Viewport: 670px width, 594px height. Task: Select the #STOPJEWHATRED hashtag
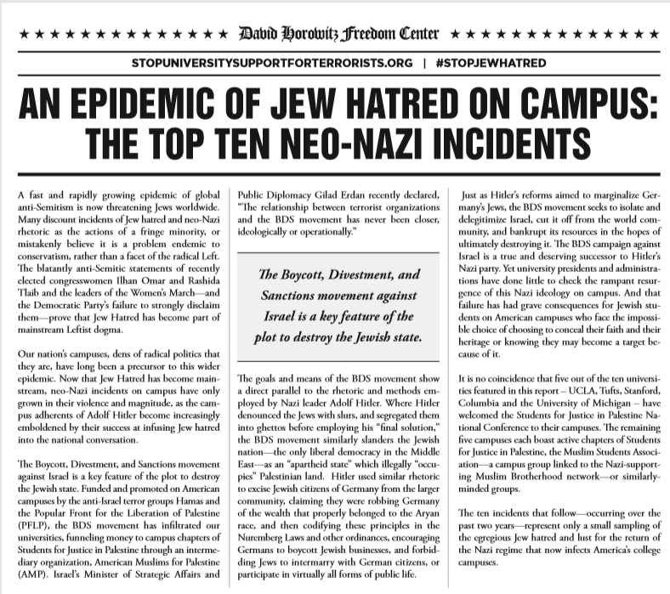[x=485, y=64]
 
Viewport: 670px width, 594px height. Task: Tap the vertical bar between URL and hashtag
[x=423, y=64]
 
